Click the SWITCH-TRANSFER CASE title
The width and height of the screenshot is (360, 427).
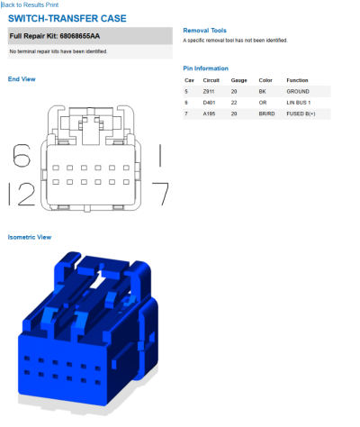[67, 19]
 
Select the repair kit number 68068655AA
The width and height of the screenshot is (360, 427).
[80, 36]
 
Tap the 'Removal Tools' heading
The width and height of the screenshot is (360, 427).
[204, 31]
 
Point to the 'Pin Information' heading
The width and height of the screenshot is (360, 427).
[205, 68]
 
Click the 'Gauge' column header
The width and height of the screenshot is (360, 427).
[238, 80]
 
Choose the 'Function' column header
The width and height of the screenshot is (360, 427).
[297, 80]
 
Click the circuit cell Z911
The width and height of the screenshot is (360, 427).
[209, 91]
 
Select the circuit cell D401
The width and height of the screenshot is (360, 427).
[209, 103]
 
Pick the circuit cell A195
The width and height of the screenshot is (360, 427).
[209, 114]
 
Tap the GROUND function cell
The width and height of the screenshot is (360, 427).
[298, 91]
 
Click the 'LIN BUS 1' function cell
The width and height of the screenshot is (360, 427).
[299, 103]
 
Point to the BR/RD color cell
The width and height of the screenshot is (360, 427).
[266, 114]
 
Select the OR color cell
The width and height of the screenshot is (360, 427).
[263, 103]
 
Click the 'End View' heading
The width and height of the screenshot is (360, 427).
[22, 79]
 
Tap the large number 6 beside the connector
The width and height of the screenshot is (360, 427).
[22, 155]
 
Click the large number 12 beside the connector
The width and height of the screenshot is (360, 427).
[22, 194]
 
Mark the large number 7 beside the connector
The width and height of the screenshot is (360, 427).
[160, 194]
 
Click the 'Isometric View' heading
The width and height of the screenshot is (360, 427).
[30, 237]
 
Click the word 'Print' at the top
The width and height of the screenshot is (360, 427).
[52, 5]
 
